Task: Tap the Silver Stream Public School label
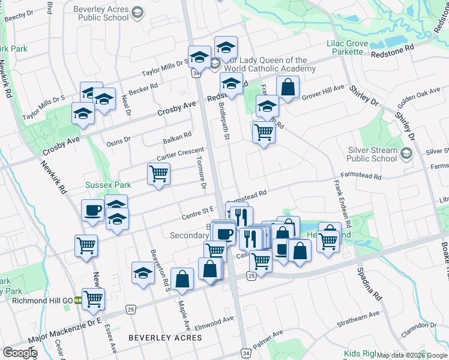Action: [372, 155]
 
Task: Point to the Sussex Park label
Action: [108, 185]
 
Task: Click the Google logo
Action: [19, 353]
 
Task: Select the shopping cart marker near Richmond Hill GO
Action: [93, 299]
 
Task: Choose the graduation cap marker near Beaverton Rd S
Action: [143, 274]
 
